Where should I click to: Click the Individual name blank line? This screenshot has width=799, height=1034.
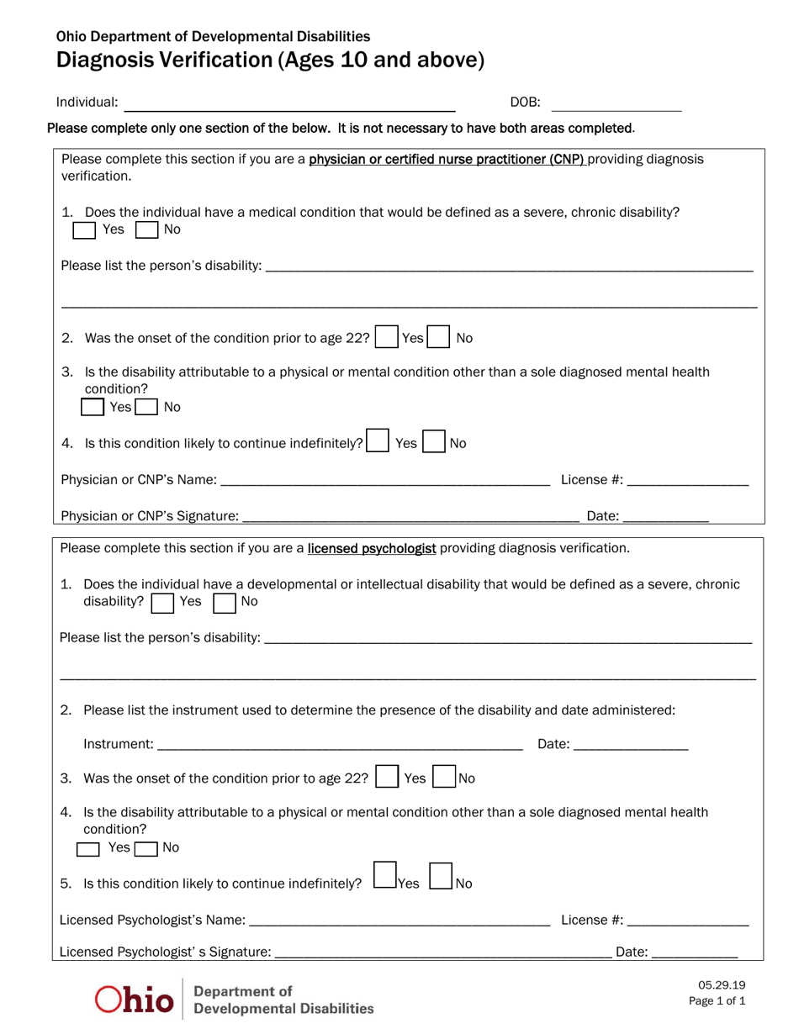click(289, 106)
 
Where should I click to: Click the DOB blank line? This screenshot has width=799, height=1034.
click(616, 106)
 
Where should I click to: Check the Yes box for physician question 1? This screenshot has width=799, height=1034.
click(84, 229)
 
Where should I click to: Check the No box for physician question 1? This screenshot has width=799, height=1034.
click(146, 229)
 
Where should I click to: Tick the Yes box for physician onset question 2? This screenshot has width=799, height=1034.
click(386, 337)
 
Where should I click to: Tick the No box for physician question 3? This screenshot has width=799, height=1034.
click(146, 408)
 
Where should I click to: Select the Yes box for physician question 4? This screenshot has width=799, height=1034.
click(378, 441)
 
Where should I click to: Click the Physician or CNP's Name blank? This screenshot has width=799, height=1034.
click(384, 481)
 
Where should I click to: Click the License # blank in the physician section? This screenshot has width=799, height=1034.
click(687, 481)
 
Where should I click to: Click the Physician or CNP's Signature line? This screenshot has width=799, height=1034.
click(410, 517)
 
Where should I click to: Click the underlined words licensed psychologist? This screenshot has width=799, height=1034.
click(372, 549)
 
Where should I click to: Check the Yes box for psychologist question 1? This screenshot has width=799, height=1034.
click(162, 603)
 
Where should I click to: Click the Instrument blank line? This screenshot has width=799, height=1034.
click(340, 745)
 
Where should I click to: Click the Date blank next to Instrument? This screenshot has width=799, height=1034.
click(631, 745)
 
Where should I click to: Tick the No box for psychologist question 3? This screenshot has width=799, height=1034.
click(444, 777)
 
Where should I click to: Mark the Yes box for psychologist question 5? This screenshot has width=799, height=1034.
click(384, 876)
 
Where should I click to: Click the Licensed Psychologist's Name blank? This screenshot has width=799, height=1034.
click(399, 921)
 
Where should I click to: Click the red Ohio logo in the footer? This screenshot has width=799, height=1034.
click(135, 999)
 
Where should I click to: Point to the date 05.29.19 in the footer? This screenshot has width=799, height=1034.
click(721, 985)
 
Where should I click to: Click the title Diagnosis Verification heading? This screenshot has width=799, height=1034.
click(270, 61)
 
